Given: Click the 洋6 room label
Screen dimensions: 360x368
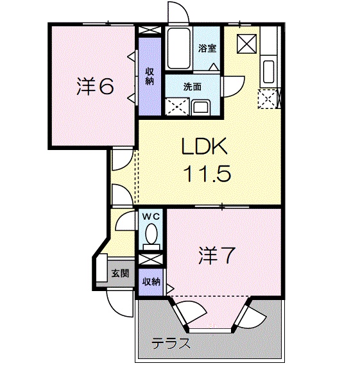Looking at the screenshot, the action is (x=95, y=86).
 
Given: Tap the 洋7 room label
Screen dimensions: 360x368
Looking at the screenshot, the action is (x=217, y=256).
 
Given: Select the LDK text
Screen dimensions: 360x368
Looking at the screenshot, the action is (x=205, y=146).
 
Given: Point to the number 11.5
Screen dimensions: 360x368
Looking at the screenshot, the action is (x=209, y=174).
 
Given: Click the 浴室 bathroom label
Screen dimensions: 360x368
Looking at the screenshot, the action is (x=207, y=48).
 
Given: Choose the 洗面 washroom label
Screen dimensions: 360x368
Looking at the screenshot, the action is (x=193, y=87).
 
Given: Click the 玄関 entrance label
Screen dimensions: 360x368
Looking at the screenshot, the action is (x=120, y=273).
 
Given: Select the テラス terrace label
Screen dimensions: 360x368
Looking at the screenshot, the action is (x=171, y=344).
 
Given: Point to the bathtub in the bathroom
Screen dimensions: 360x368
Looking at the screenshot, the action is (x=178, y=48).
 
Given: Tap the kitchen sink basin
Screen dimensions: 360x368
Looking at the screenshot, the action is (x=268, y=72).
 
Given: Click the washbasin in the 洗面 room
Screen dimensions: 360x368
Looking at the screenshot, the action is (x=201, y=108).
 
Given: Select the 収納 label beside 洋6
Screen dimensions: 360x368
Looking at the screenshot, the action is (x=150, y=76).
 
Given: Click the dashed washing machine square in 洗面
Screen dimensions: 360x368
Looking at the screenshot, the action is (x=177, y=107).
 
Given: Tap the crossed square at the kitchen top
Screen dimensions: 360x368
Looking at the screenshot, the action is (x=246, y=44).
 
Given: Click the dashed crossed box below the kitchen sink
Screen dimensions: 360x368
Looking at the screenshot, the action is (x=268, y=99).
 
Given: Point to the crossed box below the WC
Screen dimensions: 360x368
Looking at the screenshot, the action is (x=150, y=260).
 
